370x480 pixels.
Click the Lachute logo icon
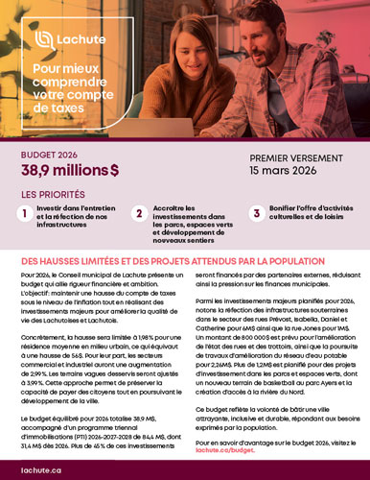click(44, 39)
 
